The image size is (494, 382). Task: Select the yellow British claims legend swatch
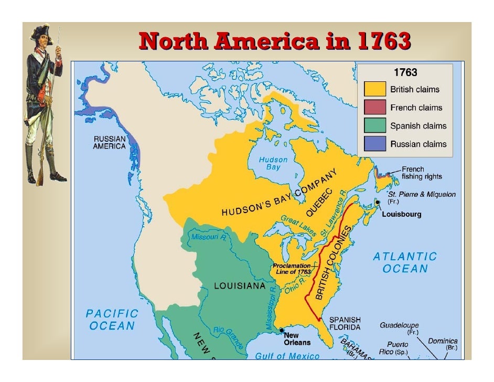pos(375,89)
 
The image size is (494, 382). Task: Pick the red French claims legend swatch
pos(375,108)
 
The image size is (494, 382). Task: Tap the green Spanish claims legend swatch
pos(375,126)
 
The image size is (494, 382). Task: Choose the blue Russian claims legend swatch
pos(375,144)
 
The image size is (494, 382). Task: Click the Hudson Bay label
pos(273,163)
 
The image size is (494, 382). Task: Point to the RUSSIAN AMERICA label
pos(109,142)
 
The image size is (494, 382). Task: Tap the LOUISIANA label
pos(240,286)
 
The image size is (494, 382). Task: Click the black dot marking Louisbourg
pos(378,203)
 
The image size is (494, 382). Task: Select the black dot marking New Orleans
pos(281,331)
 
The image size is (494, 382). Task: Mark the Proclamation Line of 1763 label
pos(291,269)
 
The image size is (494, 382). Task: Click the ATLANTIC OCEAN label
pos(405,262)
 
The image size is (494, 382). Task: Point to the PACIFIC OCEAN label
pos(112,319)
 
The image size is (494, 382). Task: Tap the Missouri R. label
pos(208,237)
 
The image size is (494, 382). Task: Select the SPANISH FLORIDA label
pos(345,323)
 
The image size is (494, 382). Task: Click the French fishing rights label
pos(422,173)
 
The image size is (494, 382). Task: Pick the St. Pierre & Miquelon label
pos(421,194)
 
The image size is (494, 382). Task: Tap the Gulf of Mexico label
pos(287,356)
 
